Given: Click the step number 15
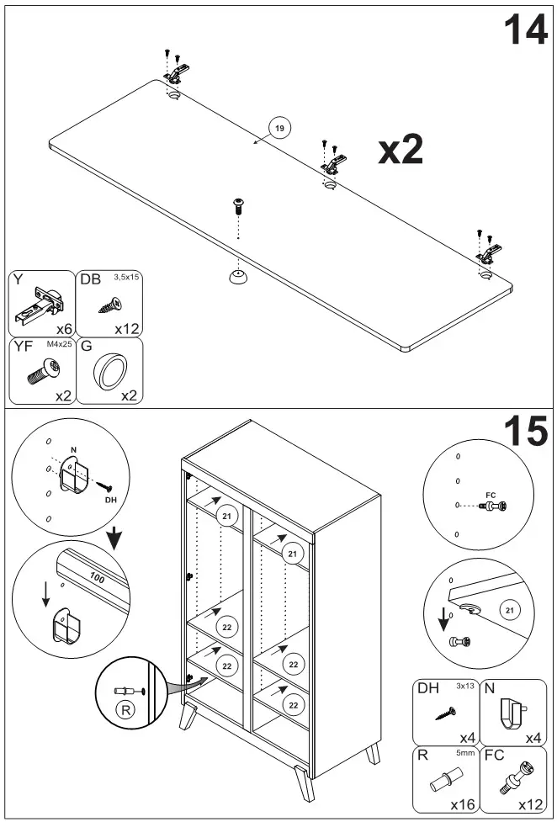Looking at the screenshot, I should (x=525, y=432).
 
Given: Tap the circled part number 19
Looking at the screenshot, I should (x=279, y=128).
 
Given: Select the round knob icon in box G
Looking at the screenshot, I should (x=109, y=371).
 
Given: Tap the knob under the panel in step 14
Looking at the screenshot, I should (x=238, y=278).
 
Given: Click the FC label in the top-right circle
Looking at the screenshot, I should (x=494, y=495).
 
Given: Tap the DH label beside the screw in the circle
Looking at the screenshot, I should (x=110, y=500).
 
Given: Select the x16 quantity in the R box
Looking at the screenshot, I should (x=463, y=804).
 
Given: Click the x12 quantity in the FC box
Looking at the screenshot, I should (x=530, y=804).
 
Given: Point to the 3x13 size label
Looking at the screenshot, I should (x=465, y=687).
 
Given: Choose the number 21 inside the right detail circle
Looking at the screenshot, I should (x=509, y=610).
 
